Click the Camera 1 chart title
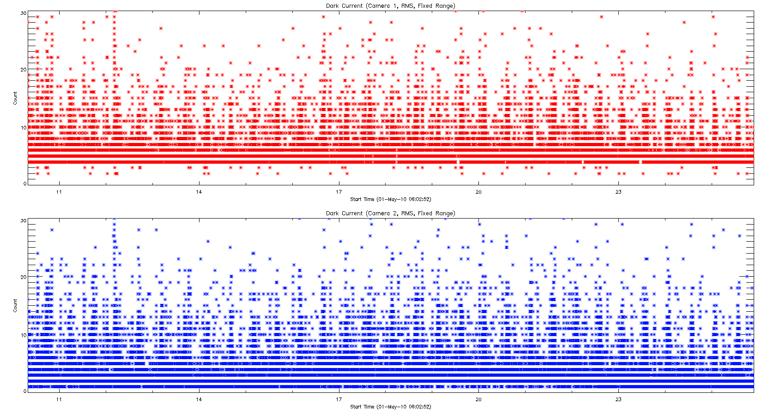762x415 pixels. point(390,6)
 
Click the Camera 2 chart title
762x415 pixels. point(390,213)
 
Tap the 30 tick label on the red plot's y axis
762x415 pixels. point(23,13)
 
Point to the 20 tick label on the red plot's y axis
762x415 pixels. point(23,70)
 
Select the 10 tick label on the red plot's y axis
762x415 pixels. point(23,128)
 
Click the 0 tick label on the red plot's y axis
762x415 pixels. point(25,184)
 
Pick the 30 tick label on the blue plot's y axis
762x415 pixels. point(23,221)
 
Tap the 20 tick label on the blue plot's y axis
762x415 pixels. point(23,277)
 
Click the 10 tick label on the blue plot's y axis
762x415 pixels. point(23,335)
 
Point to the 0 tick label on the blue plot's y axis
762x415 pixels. point(25,391)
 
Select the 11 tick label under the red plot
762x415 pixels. point(59,192)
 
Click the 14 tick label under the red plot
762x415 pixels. point(199,192)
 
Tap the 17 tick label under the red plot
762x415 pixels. point(339,192)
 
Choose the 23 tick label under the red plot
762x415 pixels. point(618,192)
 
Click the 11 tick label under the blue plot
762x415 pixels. point(59,400)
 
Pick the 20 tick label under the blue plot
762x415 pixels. point(478,400)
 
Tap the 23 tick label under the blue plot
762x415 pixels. point(618,400)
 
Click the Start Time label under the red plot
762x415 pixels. point(390,200)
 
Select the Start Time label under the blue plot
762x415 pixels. point(390,407)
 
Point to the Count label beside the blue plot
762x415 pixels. point(15,305)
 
